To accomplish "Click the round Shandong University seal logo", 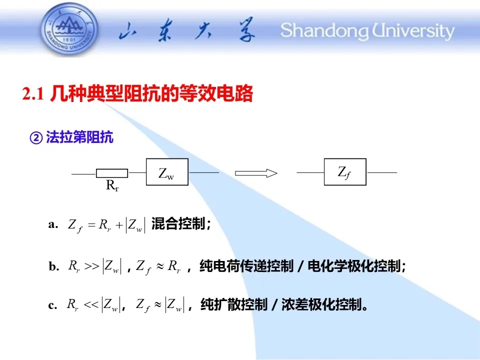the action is tap(69, 29).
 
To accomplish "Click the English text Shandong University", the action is tap(367, 31).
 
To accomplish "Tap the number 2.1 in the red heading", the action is tap(33, 93).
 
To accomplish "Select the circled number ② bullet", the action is tap(36, 138).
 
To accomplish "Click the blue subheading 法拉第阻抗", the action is tap(79, 137).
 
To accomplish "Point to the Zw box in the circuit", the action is tap(167, 172).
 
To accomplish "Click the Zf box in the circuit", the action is tap(345, 172).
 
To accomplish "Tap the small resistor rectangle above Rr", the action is tap(112, 173).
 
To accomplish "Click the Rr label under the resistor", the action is tap(112, 185).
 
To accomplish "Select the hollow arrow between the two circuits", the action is tap(256, 173).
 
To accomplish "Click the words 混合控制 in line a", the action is tap(178, 224).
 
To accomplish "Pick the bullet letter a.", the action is tap(52, 224).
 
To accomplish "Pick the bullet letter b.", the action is tap(53, 266).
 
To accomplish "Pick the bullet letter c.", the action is tap(52, 305).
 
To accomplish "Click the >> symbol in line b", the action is tap(92, 266).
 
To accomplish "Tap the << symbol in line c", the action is tap(91, 304).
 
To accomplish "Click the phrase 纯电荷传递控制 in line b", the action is tap(246, 266).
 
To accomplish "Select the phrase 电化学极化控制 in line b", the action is tap(354, 266).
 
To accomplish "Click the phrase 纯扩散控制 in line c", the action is tap(234, 305).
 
